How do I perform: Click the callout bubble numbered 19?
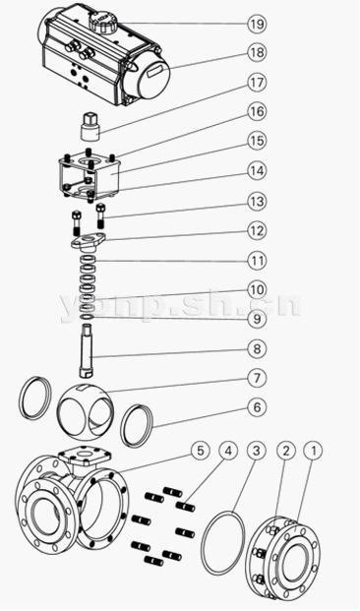coord(257,25)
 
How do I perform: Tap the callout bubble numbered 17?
coord(257,83)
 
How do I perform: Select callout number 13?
coord(257,202)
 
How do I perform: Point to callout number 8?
coord(257,348)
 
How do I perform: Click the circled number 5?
coord(201,451)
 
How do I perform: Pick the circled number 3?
coord(257,451)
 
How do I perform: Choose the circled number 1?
coord(313,451)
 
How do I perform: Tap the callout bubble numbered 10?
coord(257,290)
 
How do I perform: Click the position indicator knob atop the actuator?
coord(102,22)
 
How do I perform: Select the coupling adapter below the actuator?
coord(91,128)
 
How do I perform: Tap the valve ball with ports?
coord(85,408)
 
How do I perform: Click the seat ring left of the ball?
coord(35,397)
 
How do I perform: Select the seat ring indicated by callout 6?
coord(137,425)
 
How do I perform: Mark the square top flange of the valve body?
coord(85,456)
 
